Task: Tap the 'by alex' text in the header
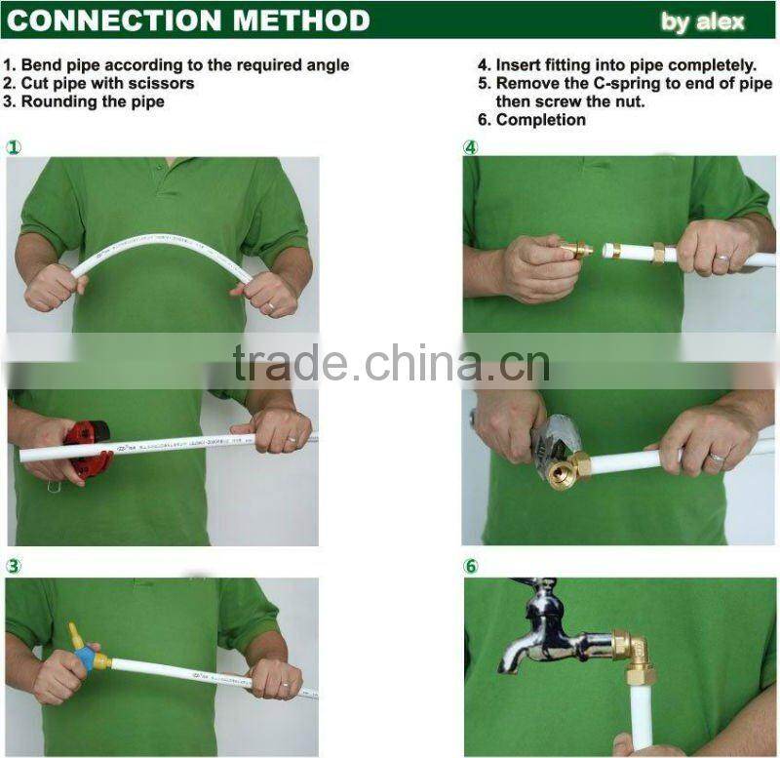click(x=702, y=21)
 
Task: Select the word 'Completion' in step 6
click(x=541, y=120)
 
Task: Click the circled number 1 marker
click(x=14, y=147)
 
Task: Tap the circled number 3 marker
click(x=14, y=566)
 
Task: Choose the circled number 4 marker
click(x=471, y=147)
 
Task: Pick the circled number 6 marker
click(x=471, y=566)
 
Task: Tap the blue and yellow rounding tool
click(x=84, y=654)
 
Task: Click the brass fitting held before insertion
click(x=576, y=251)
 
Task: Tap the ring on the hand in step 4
click(x=721, y=260)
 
